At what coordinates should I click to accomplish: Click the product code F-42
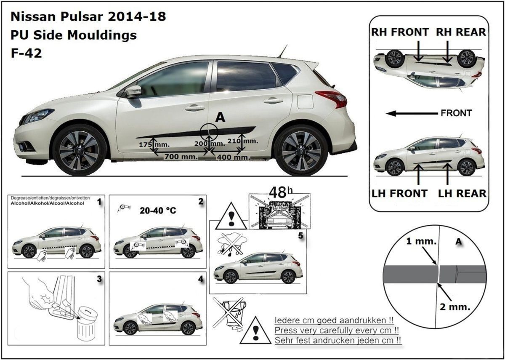tap(26, 53)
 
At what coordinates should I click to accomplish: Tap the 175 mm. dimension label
tap(154, 144)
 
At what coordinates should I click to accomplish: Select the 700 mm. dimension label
tap(181, 157)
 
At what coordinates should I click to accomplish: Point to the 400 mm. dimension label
tap(234, 157)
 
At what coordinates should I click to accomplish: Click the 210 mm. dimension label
tap(242, 141)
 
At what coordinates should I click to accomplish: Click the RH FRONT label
tap(400, 32)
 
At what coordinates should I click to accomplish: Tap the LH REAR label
tap(462, 194)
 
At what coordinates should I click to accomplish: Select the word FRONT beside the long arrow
tap(456, 113)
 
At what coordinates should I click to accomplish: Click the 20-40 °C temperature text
tap(158, 211)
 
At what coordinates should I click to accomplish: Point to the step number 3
tap(99, 279)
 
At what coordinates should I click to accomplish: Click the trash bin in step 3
tap(87, 324)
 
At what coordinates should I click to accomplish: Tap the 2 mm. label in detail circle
tap(455, 307)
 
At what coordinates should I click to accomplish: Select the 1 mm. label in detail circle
tap(421, 242)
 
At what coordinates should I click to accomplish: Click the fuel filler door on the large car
tap(305, 102)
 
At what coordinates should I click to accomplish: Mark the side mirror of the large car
tap(133, 91)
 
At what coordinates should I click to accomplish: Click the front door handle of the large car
tap(194, 108)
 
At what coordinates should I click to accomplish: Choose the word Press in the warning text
tap(285, 331)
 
